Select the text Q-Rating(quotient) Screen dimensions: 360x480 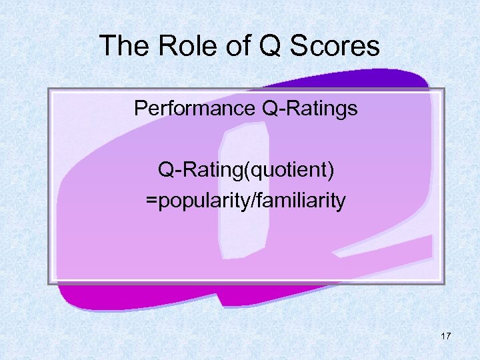coord(246,171)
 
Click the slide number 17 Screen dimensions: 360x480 coord(446,336)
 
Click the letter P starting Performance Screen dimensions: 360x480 coord(140,109)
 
